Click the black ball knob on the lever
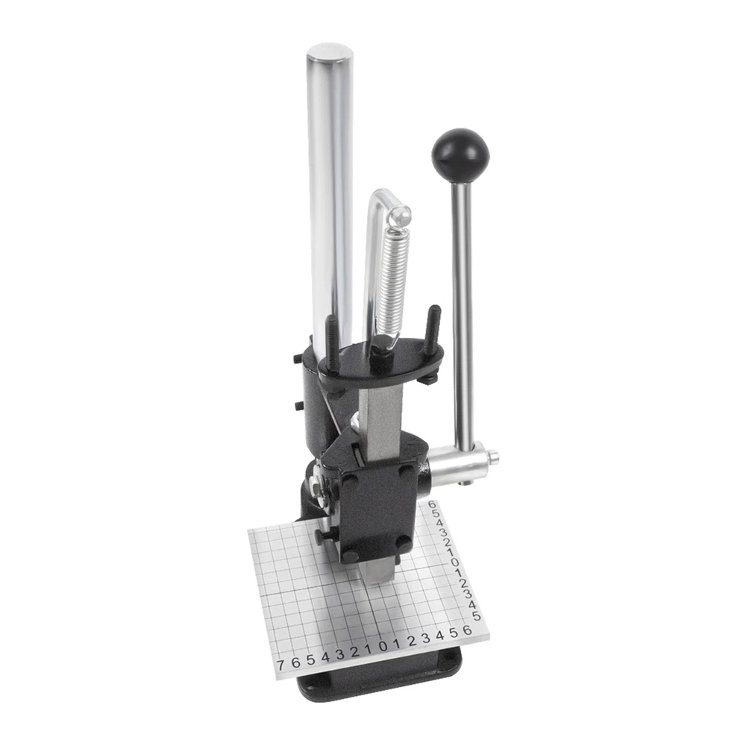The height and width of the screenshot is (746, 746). pyautogui.click(x=460, y=153)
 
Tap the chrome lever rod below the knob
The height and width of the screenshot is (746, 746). pyautogui.click(x=462, y=314)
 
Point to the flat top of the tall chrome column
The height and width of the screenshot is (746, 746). pyautogui.click(x=330, y=51)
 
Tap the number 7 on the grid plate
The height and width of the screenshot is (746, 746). pyautogui.click(x=280, y=664)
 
